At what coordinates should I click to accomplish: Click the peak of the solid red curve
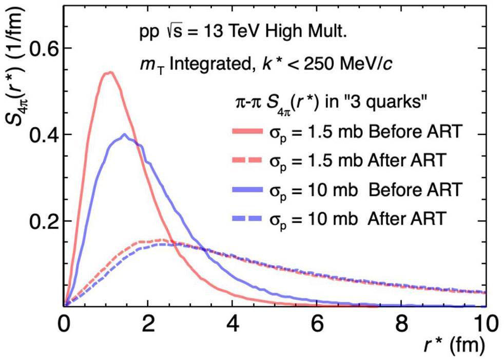pos(109,72)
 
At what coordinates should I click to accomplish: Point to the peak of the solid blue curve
pos(124,134)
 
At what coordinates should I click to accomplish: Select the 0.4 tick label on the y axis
pos(41,134)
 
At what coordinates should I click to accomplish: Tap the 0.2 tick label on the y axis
pos(41,221)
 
